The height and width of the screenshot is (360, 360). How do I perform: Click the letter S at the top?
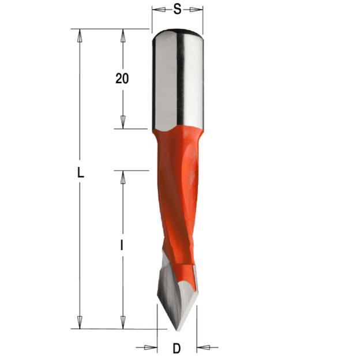pos(177,10)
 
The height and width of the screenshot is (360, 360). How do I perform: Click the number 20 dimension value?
pos(122,78)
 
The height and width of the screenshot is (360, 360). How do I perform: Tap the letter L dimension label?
pos(80,172)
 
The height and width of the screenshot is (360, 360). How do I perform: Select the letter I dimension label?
pos(122,245)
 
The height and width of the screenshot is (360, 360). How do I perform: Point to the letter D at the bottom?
pos(177,348)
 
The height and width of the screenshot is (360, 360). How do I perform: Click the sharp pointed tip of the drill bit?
pos(177,331)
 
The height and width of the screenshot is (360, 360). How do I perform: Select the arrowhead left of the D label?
pos(151,347)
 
